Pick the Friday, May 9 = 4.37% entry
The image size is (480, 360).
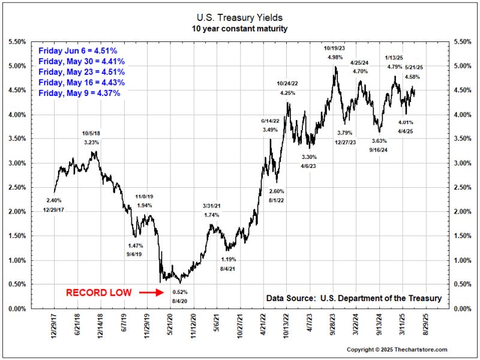coord(80,93)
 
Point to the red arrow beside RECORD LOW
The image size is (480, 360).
coord(151,293)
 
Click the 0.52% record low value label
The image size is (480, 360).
coord(181,292)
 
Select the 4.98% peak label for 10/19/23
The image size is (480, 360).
coord(335,57)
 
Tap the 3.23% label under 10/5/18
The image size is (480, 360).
coord(91,142)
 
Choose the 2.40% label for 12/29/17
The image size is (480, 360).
coord(53,200)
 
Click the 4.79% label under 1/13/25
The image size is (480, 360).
coord(394,67)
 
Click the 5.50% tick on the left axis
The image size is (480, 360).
coord(16,41)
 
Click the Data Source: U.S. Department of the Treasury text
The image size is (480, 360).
coord(353,298)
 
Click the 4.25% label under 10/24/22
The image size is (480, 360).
coord(288,93)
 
